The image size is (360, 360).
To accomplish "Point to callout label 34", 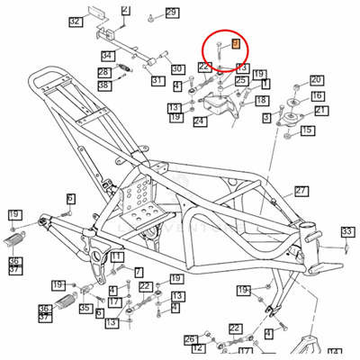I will pyautogui.click(x=106, y=57).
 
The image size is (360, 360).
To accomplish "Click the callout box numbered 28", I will pyautogui.click(x=103, y=72).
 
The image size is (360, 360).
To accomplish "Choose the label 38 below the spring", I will pyautogui.click(x=103, y=85).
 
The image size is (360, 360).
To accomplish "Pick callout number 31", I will pyautogui.click(x=157, y=81).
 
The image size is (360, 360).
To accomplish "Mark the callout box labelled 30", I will pyautogui.click(x=177, y=68).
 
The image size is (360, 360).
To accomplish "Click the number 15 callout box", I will pyautogui.click(x=308, y=130).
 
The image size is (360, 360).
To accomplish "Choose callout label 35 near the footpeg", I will pyautogui.click(x=84, y=308).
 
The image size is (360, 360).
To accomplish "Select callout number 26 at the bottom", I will pyautogui.click(x=190, y=340).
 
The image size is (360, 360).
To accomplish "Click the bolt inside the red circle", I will pyautogui.click(x=219, y=53).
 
